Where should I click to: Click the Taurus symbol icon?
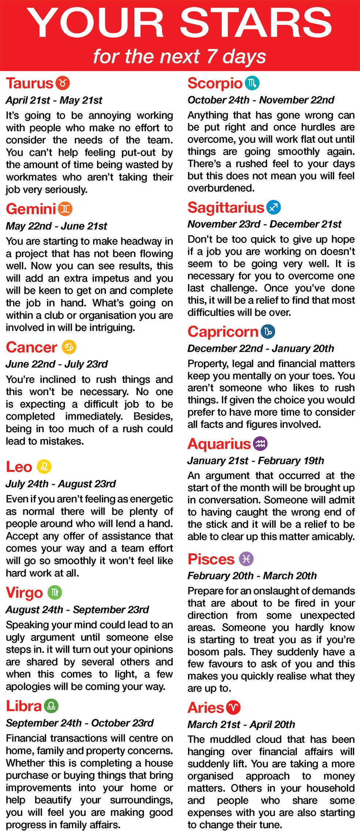[x=63, y=83]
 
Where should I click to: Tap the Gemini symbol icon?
[x=65, y=209]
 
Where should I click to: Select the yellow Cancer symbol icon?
[x=69, y=347]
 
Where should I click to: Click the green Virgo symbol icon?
[x=55, y=592]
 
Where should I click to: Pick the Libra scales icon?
[x=51, y=706]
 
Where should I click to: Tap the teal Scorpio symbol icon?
[x=252, y=83]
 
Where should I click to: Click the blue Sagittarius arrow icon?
[x=274, y=207]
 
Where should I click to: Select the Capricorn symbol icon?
[x=268, y=332]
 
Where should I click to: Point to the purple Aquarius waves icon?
[x=260, y=444]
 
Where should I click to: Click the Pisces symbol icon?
[x=246, y=558]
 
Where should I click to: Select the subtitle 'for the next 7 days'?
[x=180, y=57]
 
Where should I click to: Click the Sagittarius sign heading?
[x=226, y=208]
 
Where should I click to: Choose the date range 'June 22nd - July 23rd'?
[x=57, y=364]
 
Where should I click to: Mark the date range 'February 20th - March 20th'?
[x=252, y=576]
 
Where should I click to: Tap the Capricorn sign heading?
[x=223, y=332]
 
